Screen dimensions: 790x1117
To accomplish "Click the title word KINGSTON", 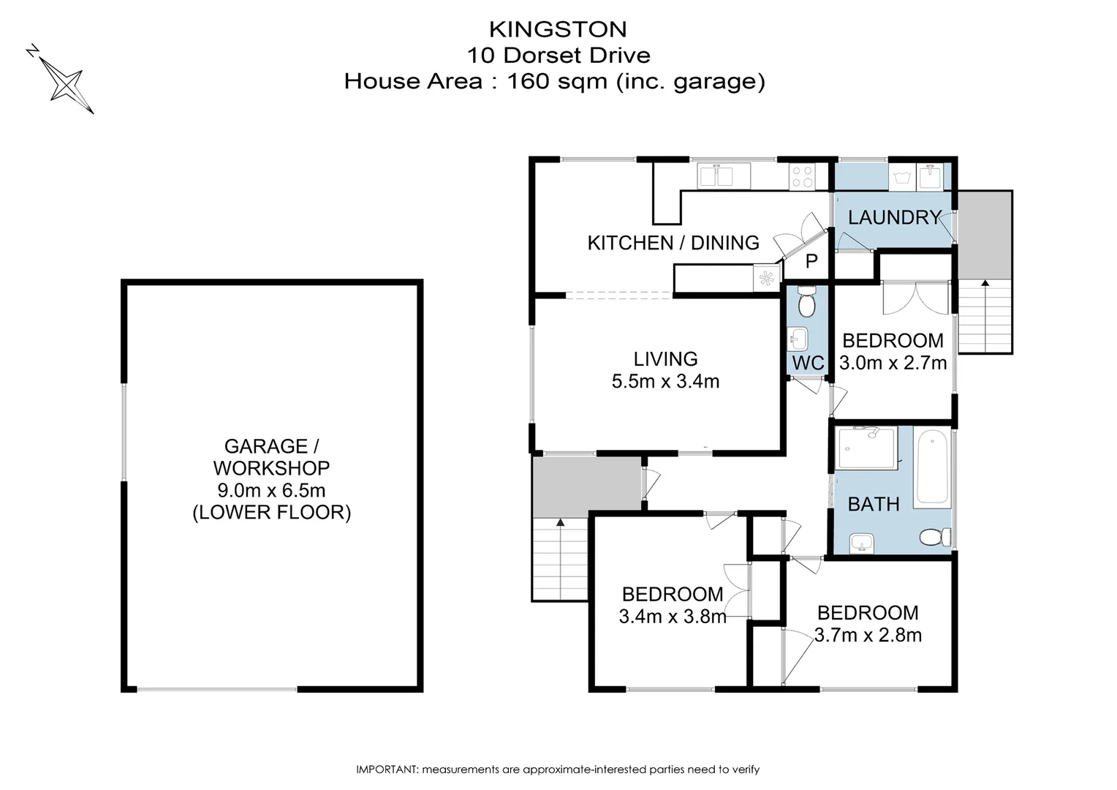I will (558, 29).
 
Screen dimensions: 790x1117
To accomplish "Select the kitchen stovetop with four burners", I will (802, 176).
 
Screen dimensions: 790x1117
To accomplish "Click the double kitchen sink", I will (716, 176).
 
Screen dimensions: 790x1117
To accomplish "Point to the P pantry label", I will (811, 261).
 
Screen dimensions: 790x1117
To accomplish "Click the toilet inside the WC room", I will (806, 301).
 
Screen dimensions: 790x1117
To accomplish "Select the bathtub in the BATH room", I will (932, 467).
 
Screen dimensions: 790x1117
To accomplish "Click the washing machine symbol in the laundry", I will (900, 176).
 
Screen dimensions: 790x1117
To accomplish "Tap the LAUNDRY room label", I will (893, 217).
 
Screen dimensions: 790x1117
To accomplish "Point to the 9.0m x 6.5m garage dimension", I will (271, 490).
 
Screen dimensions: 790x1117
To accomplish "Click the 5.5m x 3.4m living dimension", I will (665, 381).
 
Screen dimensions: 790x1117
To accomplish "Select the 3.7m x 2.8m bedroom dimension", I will (868, 635).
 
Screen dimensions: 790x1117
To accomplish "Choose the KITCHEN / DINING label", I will (673, 243).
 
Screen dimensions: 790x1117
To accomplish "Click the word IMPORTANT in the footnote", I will (385, 770).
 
